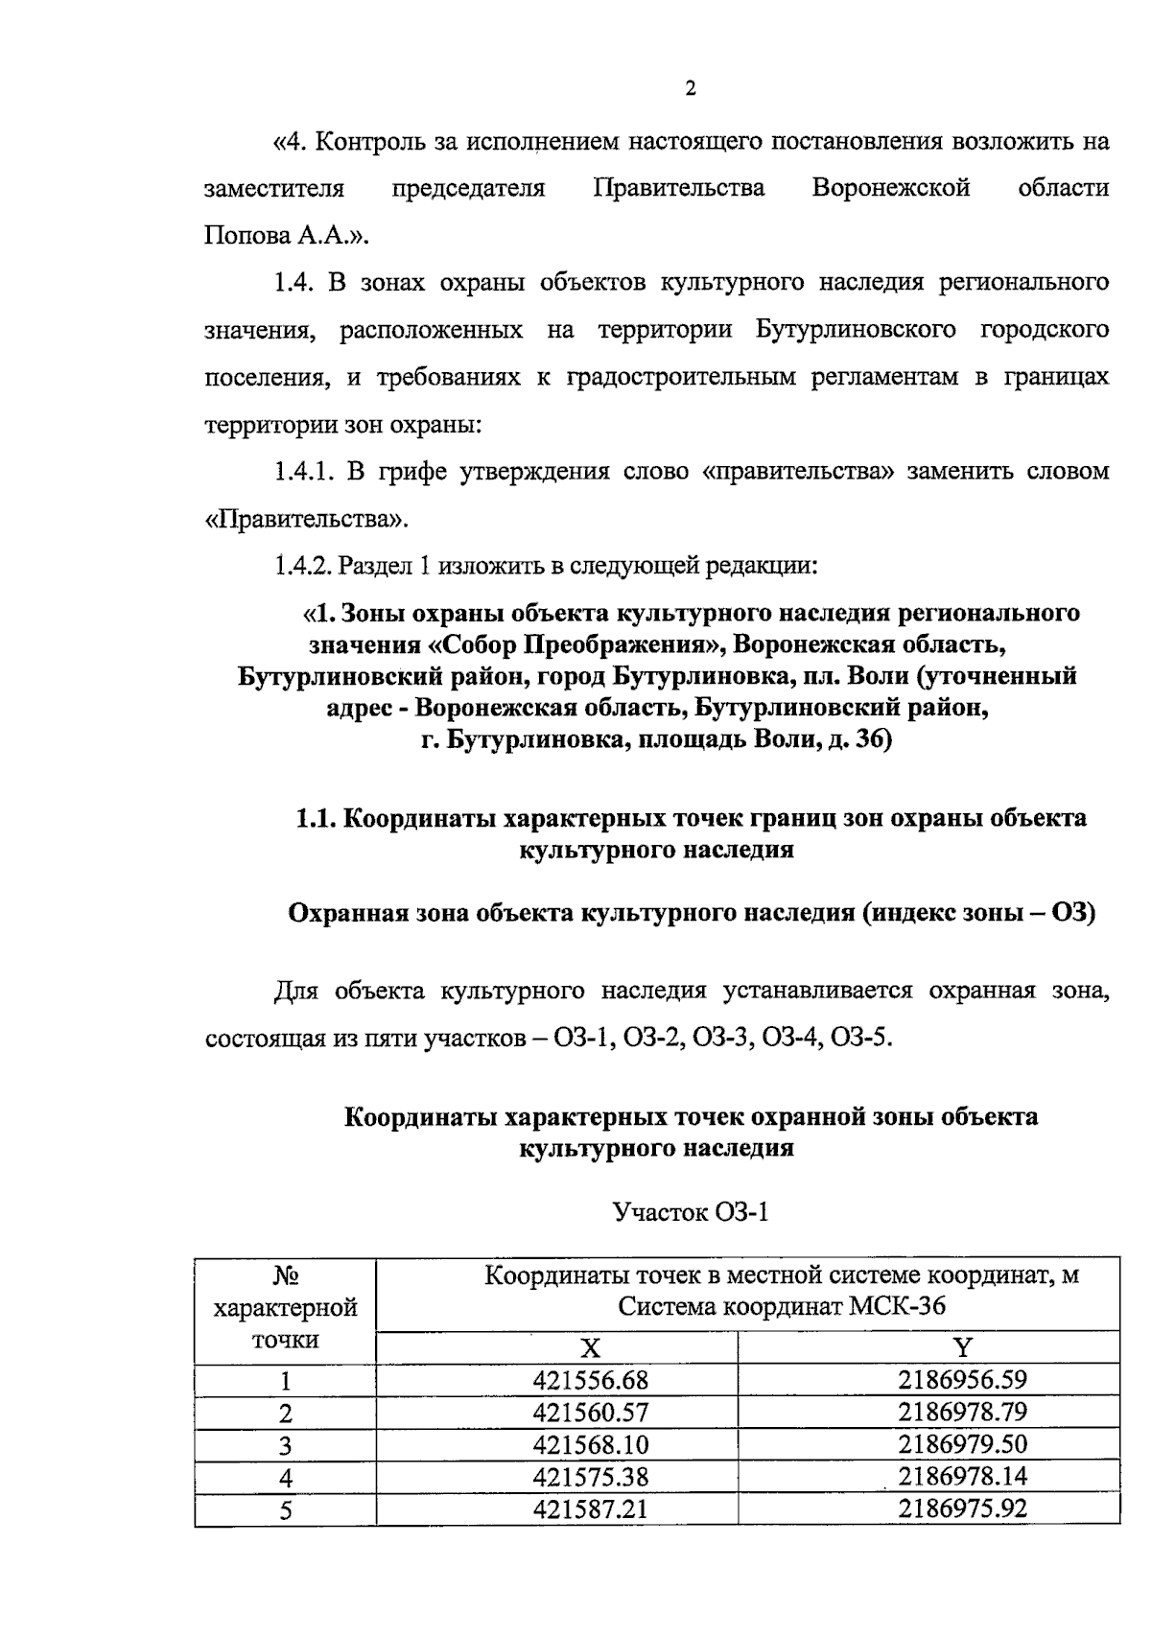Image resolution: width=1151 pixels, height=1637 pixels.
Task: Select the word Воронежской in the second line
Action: pyautogui.click(x=890, y=189)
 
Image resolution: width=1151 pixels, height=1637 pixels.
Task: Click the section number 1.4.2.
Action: pyautogui.click(x=303, y=566)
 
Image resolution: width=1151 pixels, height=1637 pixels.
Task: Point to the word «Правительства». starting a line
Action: pyautogui.click(x=306, y=519)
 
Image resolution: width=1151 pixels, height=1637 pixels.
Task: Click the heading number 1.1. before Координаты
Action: pyautogui.click(x=315, y=818)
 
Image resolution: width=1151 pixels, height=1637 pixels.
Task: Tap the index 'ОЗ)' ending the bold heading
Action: pyautogui.click(x=1072, y=912)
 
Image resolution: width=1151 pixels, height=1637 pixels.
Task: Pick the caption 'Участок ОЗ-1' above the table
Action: pyautogui.click(x=691, y=1212)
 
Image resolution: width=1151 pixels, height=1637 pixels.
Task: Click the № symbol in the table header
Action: pyautogui.click(x=285, y=1276)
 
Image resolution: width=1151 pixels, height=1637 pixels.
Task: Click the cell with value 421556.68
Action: pyautogui.click(x=591, y=1381)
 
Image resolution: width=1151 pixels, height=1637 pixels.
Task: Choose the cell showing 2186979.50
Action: pyautogui.click(x=962, y=1444)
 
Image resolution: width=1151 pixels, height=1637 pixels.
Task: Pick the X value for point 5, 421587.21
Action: pyautogui.click(x=591, y=1508)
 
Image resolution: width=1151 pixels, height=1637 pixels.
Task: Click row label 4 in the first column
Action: pyautogui.click(x=285, y=1477)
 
